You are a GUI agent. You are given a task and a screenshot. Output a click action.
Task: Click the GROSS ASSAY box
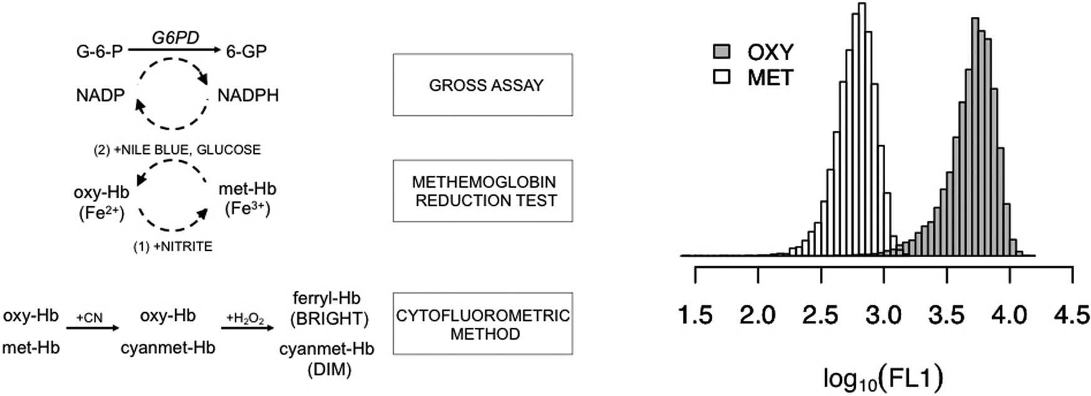tap(483, 85)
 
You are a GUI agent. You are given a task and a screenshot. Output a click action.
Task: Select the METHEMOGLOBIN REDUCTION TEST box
tap(483, 191)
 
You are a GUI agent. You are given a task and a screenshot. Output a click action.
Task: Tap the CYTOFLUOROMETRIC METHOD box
tap(483, 324)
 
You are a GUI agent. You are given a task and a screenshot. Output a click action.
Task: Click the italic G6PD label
tap(175, 38)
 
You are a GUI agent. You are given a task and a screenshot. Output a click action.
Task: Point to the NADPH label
tap(248, 96)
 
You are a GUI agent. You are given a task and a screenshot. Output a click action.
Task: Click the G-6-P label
tap(100, 51)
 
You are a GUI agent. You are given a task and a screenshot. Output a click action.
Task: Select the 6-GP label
tap(246, 51)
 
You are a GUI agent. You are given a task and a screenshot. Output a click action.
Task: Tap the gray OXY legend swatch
tap(722, 52)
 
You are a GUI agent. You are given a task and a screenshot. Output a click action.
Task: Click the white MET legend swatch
tap(722, 78)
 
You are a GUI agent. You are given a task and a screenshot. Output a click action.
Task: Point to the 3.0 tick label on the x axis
tap(884, 315)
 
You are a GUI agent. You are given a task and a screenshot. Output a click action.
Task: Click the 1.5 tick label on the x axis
tap(695, 315)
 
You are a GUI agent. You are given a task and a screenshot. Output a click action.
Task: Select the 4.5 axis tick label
tap(1072, 315)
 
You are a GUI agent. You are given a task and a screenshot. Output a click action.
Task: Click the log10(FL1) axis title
tap(883, 378)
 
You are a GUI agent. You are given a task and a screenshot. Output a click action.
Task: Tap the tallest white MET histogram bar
tap(862, 125)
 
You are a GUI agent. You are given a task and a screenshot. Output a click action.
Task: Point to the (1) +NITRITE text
tap(173, 247)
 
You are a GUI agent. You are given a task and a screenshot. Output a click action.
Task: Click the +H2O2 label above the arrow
tap(245, 318)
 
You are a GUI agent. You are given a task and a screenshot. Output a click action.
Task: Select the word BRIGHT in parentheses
tap(329, 318)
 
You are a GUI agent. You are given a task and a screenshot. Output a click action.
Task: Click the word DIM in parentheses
tap(329, 370)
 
